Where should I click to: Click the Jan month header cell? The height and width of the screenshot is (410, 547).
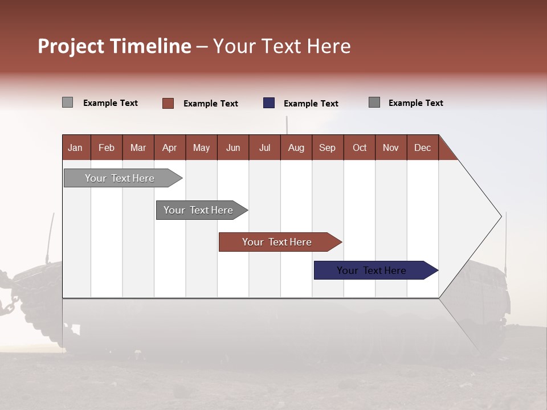point(76,147)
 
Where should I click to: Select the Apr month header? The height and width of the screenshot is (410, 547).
point(170,147)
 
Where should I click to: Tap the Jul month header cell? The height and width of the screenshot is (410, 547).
point(264,147)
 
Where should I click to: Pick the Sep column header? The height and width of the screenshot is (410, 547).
point(328,147)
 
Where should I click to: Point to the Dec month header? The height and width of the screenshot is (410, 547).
point(422,147)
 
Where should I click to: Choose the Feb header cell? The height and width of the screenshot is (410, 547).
point(107,147)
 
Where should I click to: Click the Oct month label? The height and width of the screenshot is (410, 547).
point(360,147)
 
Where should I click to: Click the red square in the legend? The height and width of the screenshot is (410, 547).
point(168,103)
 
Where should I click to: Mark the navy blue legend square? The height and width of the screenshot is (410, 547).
point(269,103)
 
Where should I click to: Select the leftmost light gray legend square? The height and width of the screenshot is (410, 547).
point(68,102)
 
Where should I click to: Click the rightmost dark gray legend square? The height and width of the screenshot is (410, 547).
point(374,102)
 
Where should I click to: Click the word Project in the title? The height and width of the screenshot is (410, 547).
point(71,46)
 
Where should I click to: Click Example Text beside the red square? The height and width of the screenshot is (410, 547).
point(211,104)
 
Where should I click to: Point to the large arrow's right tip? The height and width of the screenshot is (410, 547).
point(500,216)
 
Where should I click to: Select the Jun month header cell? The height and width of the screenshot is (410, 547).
point(233,147)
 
